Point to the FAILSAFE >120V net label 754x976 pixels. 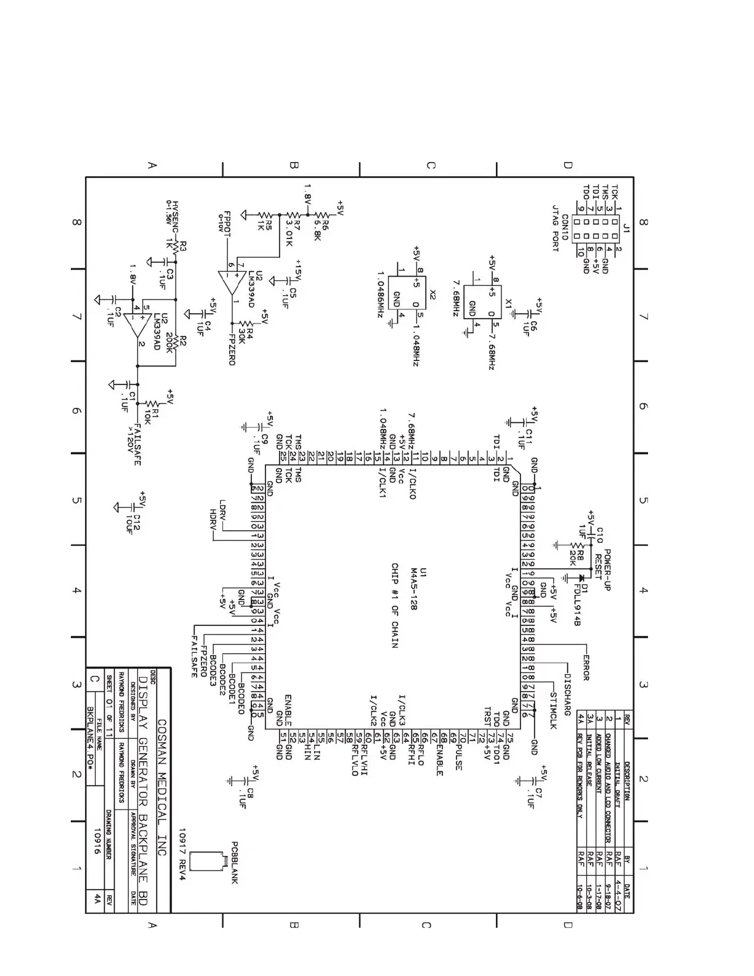point(134,444)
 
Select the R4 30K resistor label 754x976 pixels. point(245,331)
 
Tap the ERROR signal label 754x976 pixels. point(585,664)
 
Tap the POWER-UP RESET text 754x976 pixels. point(602,569)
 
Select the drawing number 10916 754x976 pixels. point(97,840)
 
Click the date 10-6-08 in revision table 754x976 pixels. point(579,898)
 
